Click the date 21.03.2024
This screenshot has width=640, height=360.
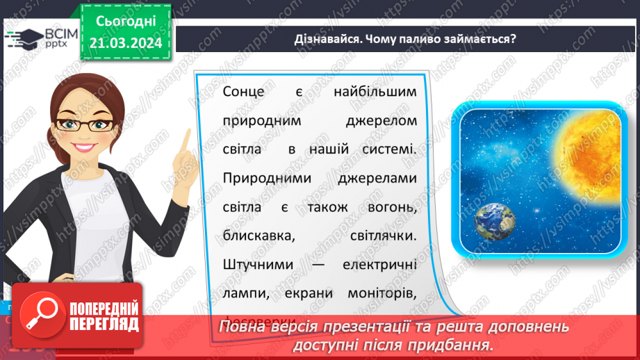pos(124,43)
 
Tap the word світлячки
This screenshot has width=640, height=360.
pos(382,236)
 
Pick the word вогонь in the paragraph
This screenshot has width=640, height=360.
pos(391,207)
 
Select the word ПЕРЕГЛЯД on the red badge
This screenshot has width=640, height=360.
pos(104,325)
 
